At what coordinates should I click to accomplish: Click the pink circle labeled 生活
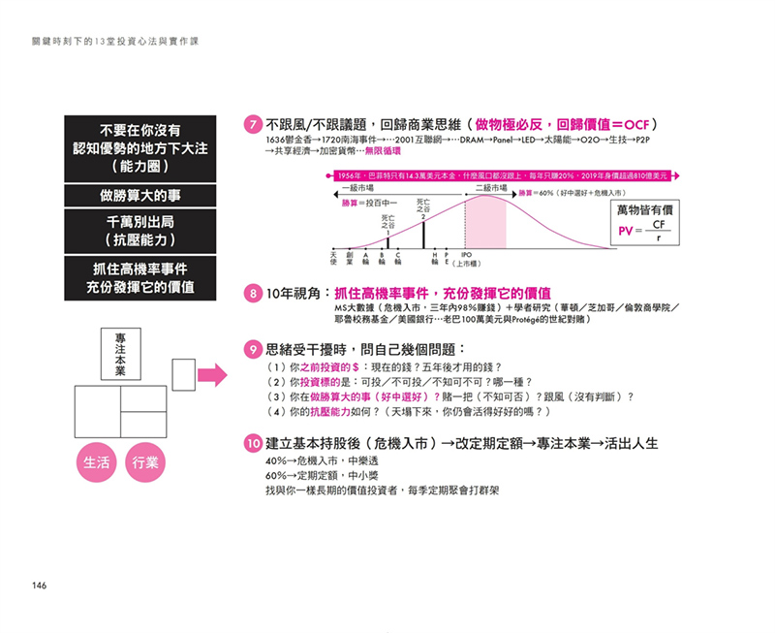(x=95, y=462)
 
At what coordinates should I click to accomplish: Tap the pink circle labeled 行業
(x=144, y=462)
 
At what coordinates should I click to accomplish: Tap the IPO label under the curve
(x=466, y=255)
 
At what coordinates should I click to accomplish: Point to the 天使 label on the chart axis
(x=332, y=259)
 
